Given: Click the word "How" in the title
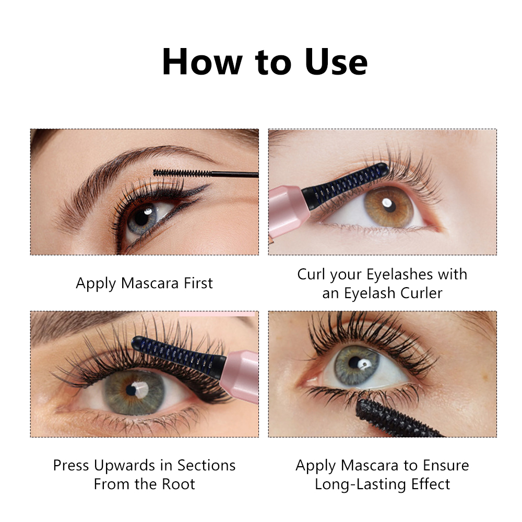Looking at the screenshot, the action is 202,62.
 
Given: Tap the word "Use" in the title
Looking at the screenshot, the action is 336,62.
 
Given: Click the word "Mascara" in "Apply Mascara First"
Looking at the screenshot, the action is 150,283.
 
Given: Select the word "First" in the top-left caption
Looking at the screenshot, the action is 198,283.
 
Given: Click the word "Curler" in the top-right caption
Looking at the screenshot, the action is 421,293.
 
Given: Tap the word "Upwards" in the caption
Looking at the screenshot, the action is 125,466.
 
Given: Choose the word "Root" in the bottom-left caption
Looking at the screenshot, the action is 178,484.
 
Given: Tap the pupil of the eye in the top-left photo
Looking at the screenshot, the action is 142,218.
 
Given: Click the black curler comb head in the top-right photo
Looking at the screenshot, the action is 345,185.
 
